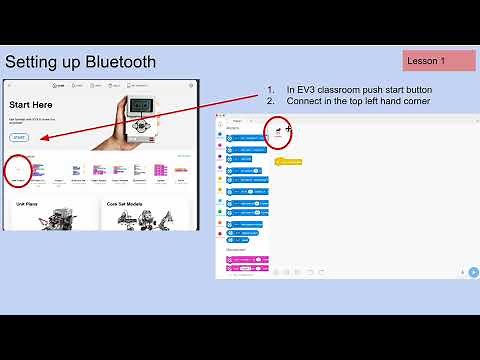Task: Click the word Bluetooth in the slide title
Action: [x=119, y=62]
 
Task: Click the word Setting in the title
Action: [x=37, y=62]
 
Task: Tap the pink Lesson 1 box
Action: [x=439, y=61]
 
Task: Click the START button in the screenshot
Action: [x=20, y=136]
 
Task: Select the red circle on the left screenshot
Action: [x=17, y=171]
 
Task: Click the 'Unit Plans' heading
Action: [x=27, y=203]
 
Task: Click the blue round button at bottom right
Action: [x=474, y=271]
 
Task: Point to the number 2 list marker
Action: [x=270, y=101]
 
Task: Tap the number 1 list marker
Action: [x=270, y=89]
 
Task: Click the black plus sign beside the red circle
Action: [x=289, y=128]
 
